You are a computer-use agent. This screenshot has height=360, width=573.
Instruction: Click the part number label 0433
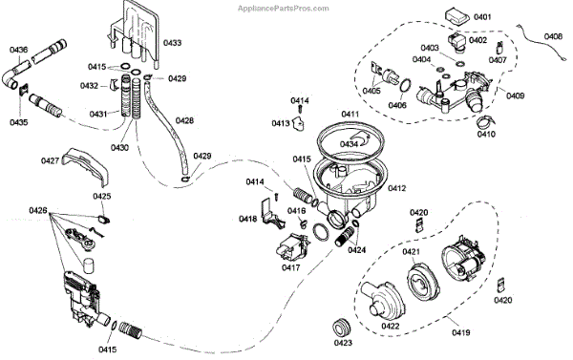pos(172,43)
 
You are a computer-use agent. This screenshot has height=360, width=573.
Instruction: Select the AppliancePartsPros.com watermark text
pos(284,8)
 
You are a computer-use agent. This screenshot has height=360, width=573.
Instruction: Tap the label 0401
pos(482,17)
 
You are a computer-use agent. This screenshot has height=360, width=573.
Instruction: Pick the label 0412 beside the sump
pos(397,188)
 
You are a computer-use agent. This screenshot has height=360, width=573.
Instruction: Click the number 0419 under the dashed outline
pos(461,332)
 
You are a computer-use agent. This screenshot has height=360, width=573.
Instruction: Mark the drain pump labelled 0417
pos(292,247)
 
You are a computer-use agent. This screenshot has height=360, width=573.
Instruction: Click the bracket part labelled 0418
pos(272,215)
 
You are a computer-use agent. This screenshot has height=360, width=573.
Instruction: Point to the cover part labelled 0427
pos(86,165)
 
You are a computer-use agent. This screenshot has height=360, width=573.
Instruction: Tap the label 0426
pos(38,210)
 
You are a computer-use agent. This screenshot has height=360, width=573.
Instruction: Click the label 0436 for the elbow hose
pos(19,50)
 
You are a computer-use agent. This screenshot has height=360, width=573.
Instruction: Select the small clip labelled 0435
pos(24,89)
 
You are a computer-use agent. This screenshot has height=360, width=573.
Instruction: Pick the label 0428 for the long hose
pos(184,120)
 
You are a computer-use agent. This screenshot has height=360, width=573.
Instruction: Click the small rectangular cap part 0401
pos(457,17)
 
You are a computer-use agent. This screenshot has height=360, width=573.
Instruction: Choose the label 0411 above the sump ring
pos(350,115)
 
